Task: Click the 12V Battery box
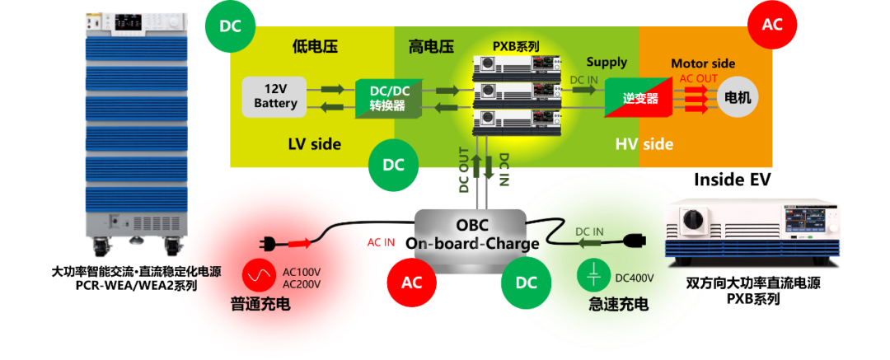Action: coord(275,97)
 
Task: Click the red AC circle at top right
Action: coord(771,25)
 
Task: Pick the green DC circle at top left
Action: coord(229,25)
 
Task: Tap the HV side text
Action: coord(644,144)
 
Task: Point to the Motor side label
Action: coord(702,63)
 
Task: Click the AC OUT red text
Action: coord(698,79)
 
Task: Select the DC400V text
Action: coord(634,278)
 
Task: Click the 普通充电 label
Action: coord(260,305)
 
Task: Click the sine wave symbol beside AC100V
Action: coord(261,275)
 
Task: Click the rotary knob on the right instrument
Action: coord(689,221)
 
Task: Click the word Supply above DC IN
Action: coord(607,62)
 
